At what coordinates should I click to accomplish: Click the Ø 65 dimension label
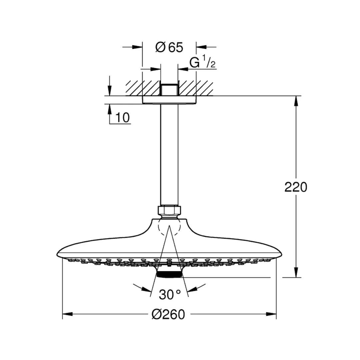point(169,47)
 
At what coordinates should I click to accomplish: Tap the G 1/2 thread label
point(202,62)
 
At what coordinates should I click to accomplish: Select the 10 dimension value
point(123,118)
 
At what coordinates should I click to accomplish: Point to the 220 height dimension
point(296,187)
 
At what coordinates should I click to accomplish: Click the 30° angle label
point(170,294)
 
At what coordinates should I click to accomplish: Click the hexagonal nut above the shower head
point(169,210)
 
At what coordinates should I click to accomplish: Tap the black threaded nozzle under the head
point(169,274)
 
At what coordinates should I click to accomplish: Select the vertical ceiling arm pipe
point(169,153)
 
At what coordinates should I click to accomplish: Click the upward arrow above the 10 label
point(110,109)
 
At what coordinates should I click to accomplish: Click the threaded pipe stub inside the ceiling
point(169,89)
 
